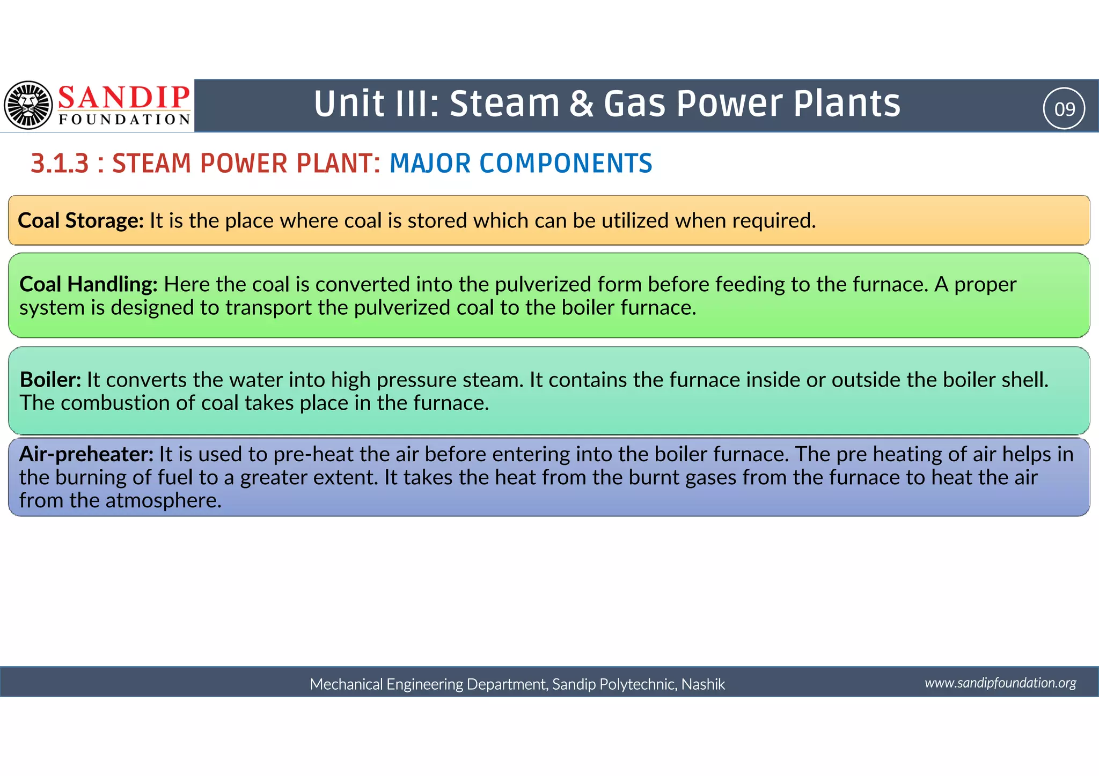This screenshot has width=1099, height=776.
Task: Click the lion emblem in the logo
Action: coord(28,105)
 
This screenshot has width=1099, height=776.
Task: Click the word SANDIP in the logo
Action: coord(124,98)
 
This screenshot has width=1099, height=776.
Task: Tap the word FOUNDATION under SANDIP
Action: coord(124,120)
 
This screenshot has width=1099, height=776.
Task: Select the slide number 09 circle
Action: coord(1064,109)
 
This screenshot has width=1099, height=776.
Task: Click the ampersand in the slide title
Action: coord(581,104)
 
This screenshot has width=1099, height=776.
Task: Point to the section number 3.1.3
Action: coord(60,164)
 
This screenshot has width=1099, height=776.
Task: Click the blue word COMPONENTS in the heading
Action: coord(566,164)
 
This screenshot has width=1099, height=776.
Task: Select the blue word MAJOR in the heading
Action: coord(430,164)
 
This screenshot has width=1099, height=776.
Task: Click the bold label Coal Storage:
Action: coord(80,220)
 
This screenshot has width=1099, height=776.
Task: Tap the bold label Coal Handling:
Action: coord(89,284)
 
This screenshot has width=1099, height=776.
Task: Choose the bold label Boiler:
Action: coord(50,380)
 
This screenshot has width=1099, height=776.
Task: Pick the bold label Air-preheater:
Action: coord(86,454)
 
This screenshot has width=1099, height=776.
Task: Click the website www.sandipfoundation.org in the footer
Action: coord(1000,683)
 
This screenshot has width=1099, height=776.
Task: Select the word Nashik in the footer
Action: coord(703,684)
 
